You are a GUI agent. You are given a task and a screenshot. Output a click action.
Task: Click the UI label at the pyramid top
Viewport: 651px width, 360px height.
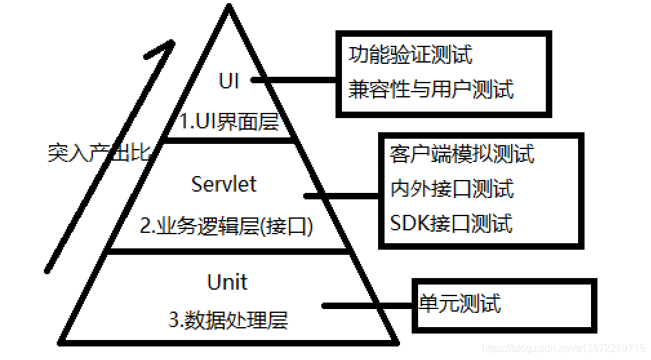[229, 81]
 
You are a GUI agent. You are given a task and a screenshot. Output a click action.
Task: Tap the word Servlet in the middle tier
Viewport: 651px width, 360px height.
[224, 185]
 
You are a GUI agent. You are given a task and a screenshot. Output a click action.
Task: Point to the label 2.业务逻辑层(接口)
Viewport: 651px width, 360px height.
[226, 226]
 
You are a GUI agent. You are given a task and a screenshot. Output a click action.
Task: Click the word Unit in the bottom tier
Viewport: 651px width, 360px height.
[227, 282]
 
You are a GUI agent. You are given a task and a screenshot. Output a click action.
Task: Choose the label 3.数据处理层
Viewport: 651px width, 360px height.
[228, 319]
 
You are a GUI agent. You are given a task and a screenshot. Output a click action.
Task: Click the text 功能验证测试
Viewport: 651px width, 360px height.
[410, 55]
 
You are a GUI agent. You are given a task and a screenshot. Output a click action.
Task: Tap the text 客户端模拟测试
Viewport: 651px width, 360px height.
[462, 154]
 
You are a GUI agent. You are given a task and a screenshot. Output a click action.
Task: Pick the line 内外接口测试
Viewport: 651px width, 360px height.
[452, 189]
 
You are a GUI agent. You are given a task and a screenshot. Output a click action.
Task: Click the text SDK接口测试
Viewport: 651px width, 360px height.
[451, 223]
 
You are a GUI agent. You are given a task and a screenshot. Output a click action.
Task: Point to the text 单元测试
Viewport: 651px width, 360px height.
[459, 303]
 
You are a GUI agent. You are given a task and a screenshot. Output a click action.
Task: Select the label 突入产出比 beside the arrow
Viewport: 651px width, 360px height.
[99, 153]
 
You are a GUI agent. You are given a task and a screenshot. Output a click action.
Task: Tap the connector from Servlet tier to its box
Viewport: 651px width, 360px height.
[342, 195]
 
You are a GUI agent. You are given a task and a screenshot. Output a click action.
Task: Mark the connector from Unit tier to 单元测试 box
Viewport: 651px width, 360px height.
[368, 306]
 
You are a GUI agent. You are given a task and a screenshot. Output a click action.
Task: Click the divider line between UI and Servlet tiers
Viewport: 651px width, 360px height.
[229, 139]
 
